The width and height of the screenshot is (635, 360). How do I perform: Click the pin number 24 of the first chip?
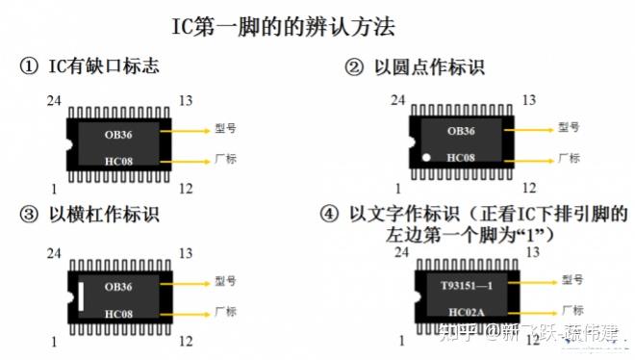[x=56, y=99]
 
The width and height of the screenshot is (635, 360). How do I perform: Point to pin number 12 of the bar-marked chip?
[x=185, y=342]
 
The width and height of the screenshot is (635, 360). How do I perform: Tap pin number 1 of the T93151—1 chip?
[x=397, y=342]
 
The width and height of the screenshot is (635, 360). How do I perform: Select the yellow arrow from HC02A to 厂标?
[x=529, y=311]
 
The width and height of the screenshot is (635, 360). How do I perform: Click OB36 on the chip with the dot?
[x=461, y=130]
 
